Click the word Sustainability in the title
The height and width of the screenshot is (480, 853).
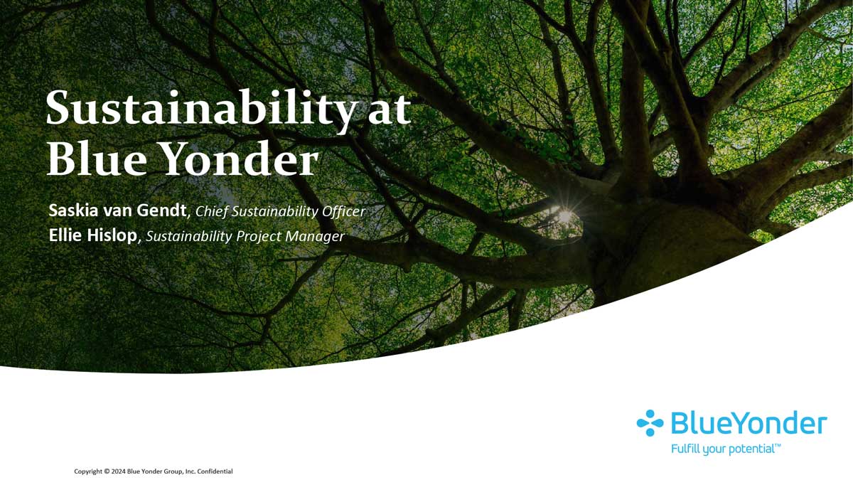(x=200, y=108)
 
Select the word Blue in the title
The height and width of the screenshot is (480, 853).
(x=97, y=158)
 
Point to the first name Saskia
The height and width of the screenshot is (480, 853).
(x=73, y=210)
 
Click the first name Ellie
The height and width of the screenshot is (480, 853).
(x=65, y=235)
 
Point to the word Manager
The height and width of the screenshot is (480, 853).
(x=315, y=237)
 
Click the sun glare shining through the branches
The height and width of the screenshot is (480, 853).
(x=564, y=215)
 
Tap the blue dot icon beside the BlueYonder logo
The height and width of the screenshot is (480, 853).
(x=650, y=423)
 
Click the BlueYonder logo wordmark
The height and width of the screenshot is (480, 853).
(x=749, y=423)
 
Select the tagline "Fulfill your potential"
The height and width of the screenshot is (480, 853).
(x=726, y=449)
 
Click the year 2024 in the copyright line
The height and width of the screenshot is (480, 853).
(x=118, y=471)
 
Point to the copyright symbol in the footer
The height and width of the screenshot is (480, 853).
(x=107, y=471)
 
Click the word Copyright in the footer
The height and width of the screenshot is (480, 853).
(x=88, y=471)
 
